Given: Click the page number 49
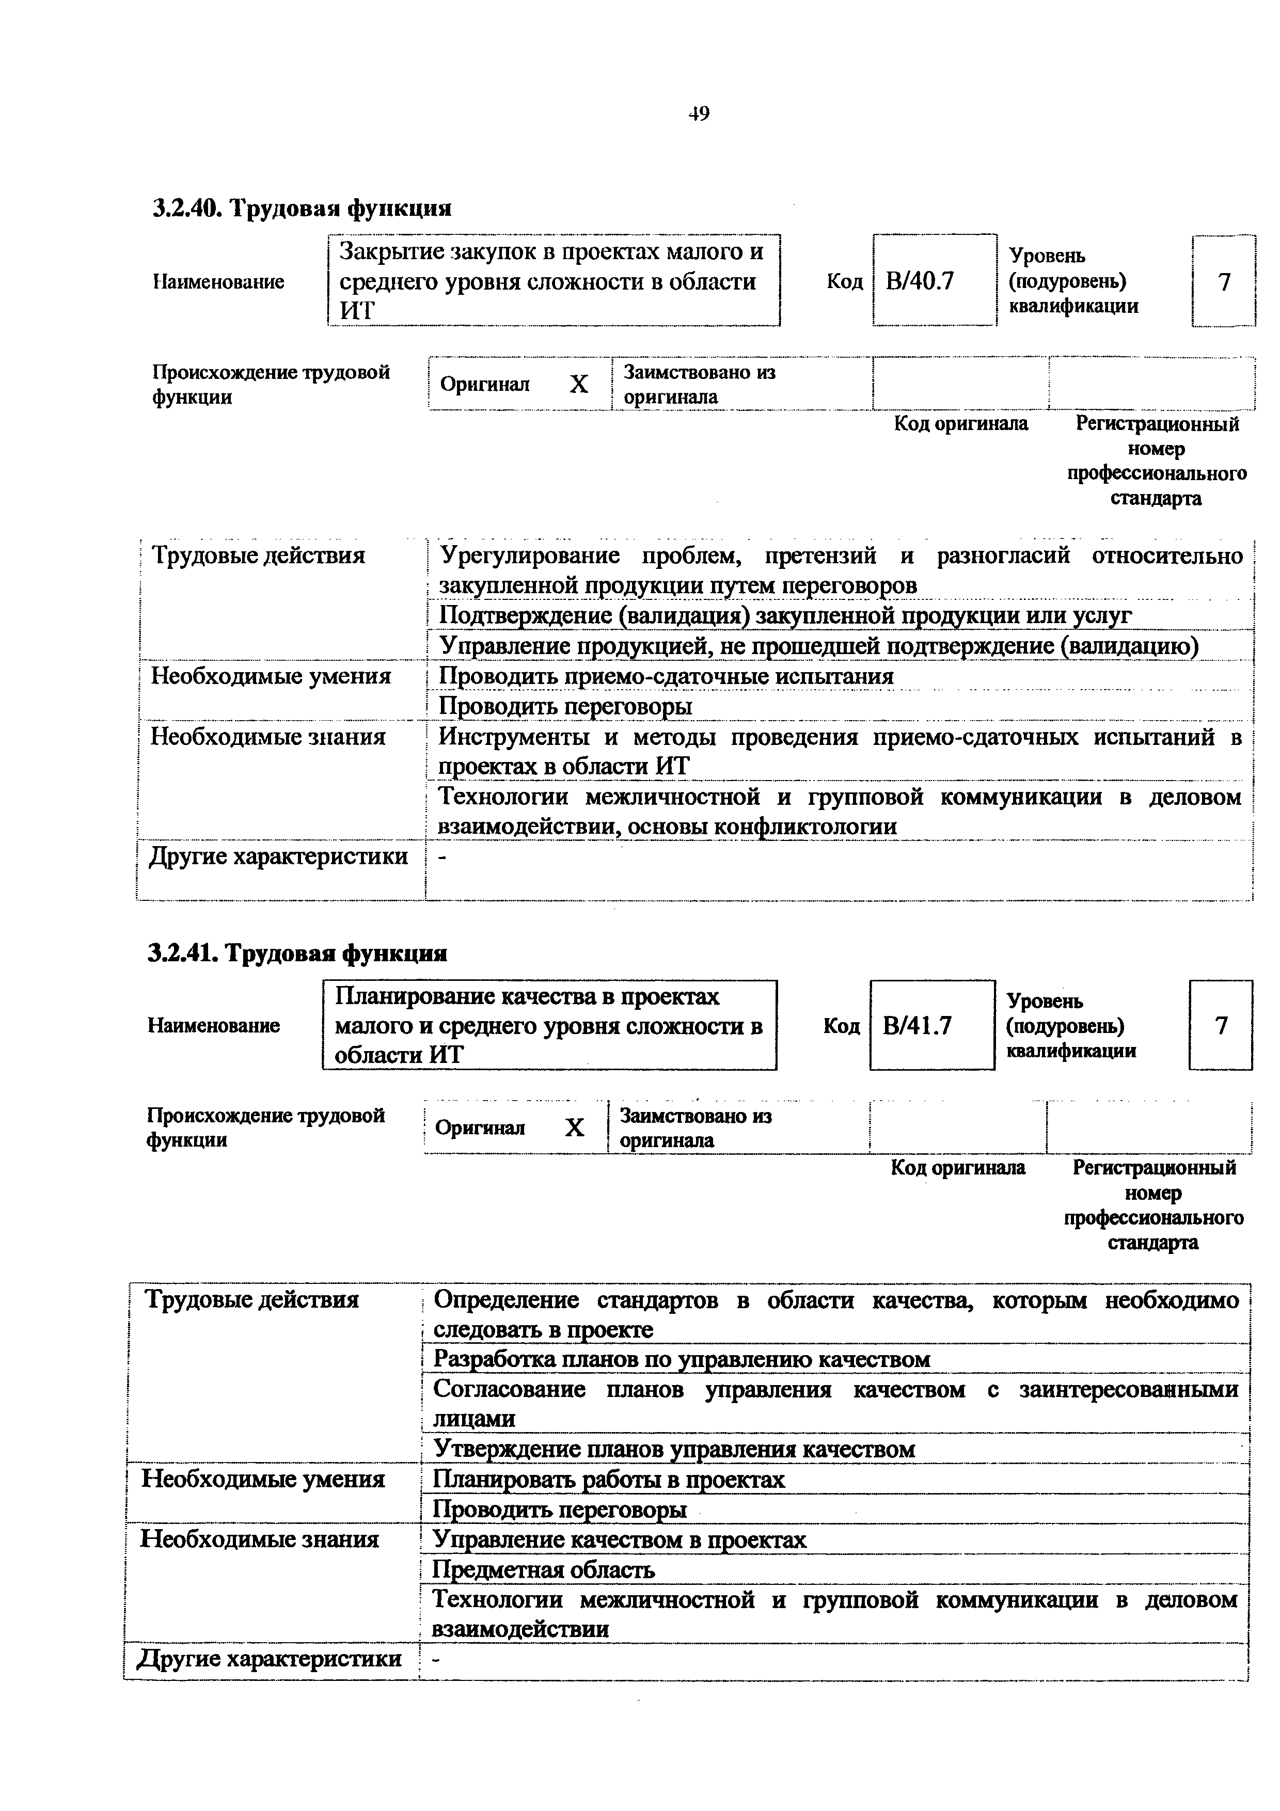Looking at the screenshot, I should (x=698, y=115).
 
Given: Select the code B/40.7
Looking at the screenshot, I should (x=920, y=281).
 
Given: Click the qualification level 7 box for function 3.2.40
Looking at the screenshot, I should (x=1223, y=281).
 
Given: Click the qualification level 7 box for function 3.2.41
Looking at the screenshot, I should (x=1220, y=1025).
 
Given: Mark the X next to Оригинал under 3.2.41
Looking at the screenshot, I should (x=575, y=1128).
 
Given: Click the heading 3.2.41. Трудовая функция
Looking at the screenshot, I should (x=297, y=954).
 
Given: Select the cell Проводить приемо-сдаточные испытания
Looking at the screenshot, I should (x=667, y=676).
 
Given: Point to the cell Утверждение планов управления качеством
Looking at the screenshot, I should (x=674, y=1449).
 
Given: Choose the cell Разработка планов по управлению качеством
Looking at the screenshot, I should (x=682, y=1359).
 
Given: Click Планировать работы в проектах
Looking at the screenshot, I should (x=610, y=1479).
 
